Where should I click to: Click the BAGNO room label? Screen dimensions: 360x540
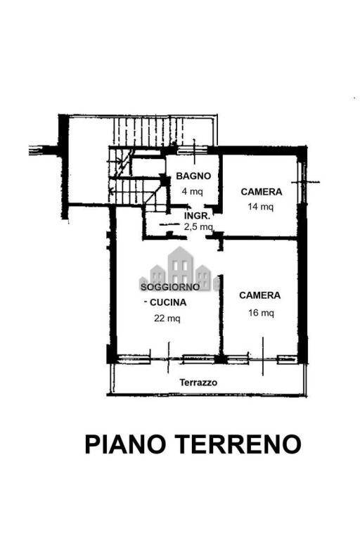pos(193,176)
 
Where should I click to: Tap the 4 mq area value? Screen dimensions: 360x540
pos(192,191)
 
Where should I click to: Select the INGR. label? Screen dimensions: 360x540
pos(197,216)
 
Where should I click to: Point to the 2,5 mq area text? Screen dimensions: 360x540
pos(198,226)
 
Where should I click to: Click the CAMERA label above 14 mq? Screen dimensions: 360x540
pos(262,192)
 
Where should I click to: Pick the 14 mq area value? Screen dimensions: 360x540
pos(260,207)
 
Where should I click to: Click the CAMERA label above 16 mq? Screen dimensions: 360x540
pos(259,295)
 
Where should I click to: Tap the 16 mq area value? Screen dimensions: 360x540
pos(261,313)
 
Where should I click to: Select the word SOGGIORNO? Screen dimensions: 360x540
pos(170,287)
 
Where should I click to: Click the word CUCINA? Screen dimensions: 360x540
pos(168,302)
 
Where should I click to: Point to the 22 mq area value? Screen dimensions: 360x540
pos(167,319)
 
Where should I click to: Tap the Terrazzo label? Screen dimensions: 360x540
pos(198,382)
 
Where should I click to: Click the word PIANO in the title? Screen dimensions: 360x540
pos(125,444)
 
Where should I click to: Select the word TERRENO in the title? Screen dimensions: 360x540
pos(238,444)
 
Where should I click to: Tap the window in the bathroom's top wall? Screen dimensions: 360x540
pos(192,150)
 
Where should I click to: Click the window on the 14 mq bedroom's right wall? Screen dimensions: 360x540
pos(302,182)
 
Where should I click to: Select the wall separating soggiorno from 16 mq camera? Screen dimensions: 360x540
pos(221,314)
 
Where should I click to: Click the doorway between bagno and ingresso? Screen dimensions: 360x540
pos(195,206)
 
